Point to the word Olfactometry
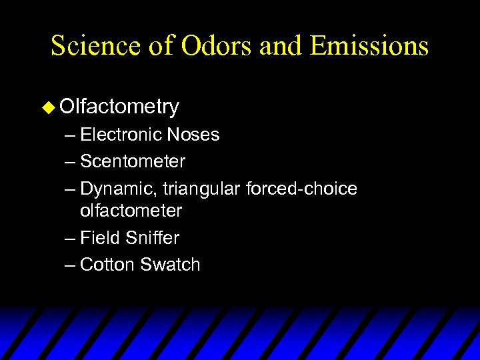click(x=119, y=107)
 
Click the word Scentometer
click(x=133, y=161)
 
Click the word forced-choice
click(x=301, y=189)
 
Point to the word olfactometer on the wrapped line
click(x=131, y=211)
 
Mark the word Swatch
click(x=170, y=265)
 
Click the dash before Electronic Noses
click(x=71, y=135)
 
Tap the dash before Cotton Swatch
click(x=71, y=265)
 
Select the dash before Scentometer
click(x=71, y=162)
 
